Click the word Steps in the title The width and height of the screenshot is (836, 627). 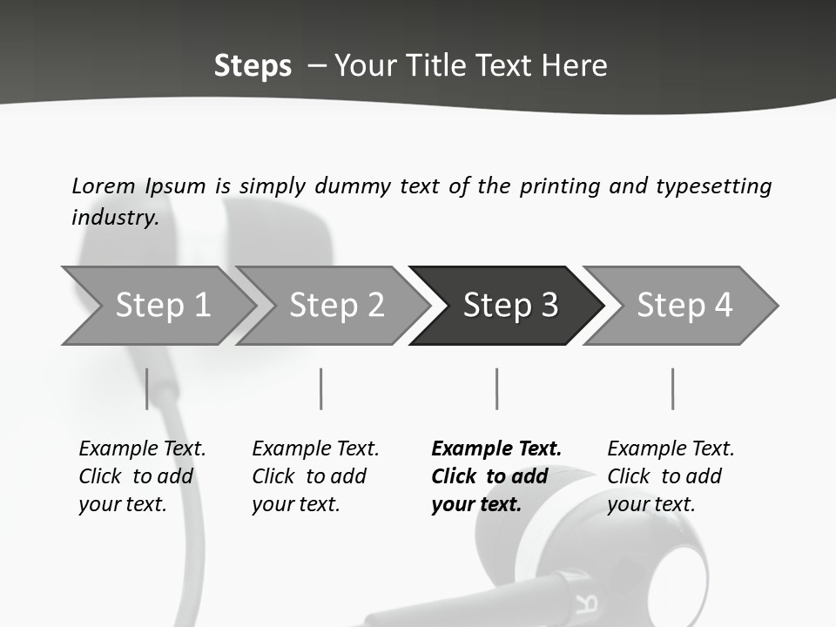(x=253, y=65)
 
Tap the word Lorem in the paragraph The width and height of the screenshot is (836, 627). (x=103, y=185)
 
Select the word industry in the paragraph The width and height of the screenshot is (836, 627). (x=114, y=218)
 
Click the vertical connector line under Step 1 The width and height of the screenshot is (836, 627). (x=147, y=388)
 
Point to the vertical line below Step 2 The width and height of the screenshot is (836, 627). (x=321, y=388)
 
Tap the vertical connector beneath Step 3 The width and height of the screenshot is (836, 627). (x=497, y=388)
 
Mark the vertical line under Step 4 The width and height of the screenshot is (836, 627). (x=672, y=388)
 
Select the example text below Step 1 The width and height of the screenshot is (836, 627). (x=142, y=476)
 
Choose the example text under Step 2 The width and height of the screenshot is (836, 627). (x=315, y=476)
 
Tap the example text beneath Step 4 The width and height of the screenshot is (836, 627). (x=671, y=476)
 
